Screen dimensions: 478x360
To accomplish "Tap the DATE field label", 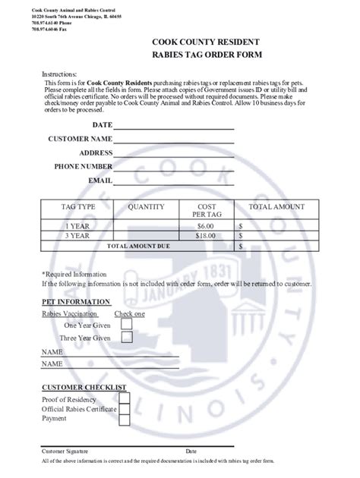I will coord(102,124).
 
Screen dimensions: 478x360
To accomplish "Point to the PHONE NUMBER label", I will coord(83,166).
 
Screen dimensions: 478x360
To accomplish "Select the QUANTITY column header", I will coord(146,206).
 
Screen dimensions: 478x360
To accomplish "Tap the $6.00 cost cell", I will coord(206,226).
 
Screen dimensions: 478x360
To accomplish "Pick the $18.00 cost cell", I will coord(206,236).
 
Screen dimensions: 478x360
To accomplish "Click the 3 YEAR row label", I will coord(77,236).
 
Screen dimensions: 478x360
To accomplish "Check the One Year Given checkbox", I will coord(127,324).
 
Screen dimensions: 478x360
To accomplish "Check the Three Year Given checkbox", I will coord(127,338).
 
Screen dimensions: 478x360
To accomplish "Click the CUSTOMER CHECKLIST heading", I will coord(83,387).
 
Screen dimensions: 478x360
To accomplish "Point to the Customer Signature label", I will coord(64,451).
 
